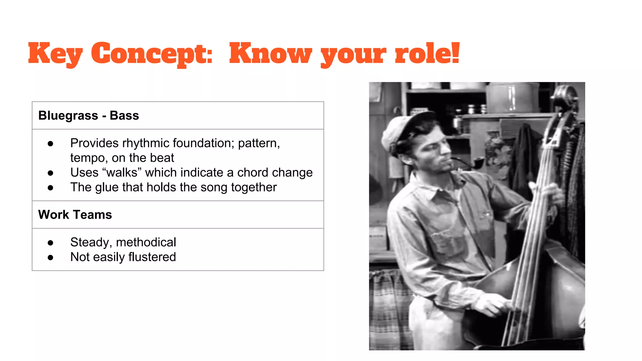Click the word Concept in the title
pos(152,54)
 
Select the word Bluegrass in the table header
pos(68,116)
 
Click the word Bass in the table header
pos(124,116)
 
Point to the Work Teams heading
pos(75,215)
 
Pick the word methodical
pos(146,242)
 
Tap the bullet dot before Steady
pos(50,243)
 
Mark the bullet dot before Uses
pos(50,173)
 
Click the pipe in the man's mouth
pos(470,163)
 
